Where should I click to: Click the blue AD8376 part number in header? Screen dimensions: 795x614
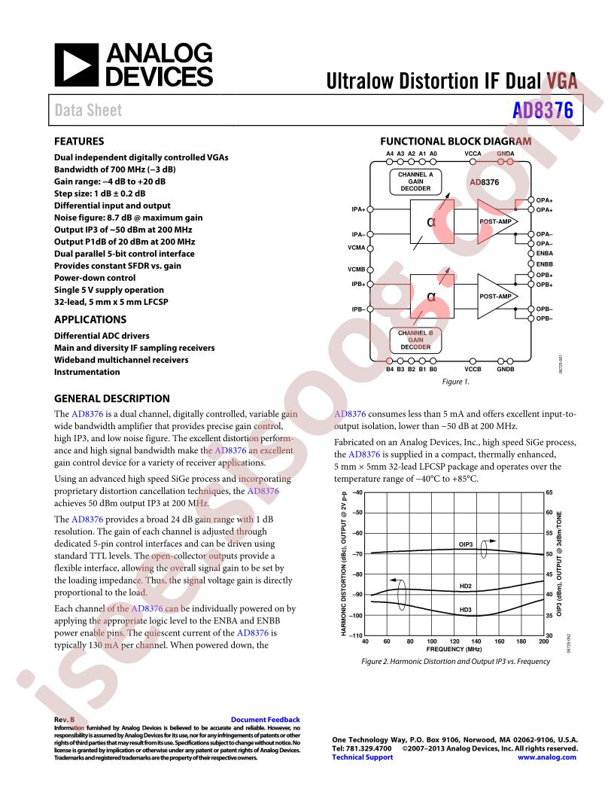(x=543, y=110)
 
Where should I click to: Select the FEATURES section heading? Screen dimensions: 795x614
(x=79, y=141)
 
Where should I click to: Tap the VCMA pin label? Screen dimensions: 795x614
(x=357, y=247)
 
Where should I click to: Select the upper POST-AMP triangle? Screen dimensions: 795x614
(x=497, y=222)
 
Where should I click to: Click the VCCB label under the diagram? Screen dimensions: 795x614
(x=473, y=370)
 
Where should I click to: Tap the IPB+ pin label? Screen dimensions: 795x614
(x=357, y=285)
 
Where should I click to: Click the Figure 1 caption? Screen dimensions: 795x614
(x=455, y=382)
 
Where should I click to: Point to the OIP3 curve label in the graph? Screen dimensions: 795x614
(x=466, y=543)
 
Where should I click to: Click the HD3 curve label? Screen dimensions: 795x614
(x=466, y=609)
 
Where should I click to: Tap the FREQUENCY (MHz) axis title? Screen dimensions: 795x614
(x=454, y=648)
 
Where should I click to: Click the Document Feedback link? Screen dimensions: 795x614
(x=265, y=720)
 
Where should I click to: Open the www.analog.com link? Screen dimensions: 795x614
(x=548, y=757)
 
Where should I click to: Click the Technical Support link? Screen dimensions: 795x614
(x=362, y=757)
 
